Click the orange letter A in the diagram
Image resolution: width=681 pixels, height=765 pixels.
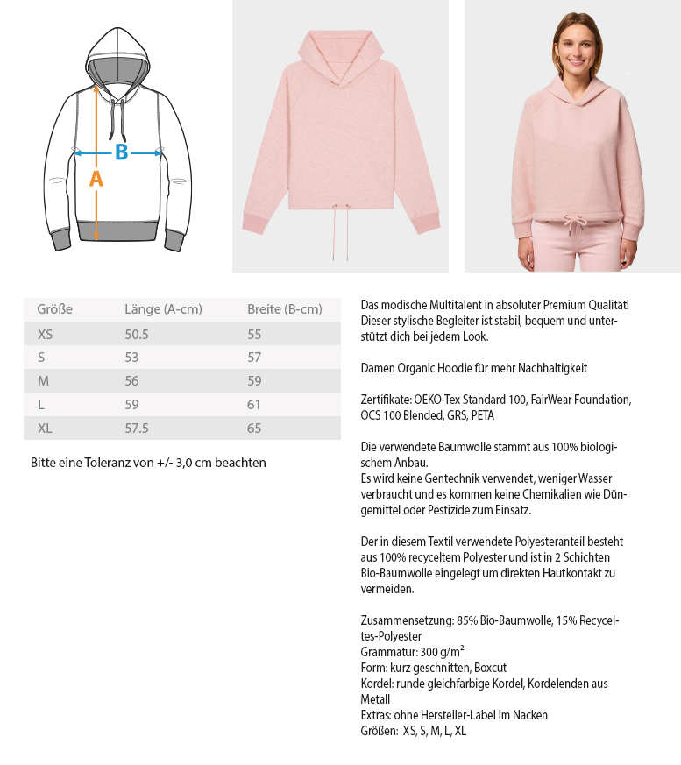coord(96,179)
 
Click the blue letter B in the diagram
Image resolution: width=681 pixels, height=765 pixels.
coord(121,152)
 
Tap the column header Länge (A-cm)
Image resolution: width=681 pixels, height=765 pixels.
coord(163,309)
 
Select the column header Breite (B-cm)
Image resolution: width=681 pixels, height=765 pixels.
coord(284,309)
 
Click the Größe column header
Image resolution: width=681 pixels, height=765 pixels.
coord(54,309)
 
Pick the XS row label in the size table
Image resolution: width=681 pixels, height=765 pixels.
coord(46,334)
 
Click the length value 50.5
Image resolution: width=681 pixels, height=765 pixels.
coord(137,334)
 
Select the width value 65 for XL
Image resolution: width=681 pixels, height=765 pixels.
coord(254,429)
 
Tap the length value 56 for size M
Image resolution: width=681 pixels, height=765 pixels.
coord(132,381)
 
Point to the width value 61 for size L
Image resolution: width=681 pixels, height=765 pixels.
coord(254,405)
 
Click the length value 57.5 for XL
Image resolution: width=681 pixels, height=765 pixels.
coord(137,429)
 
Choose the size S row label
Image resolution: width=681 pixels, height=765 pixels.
coord(41,358)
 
